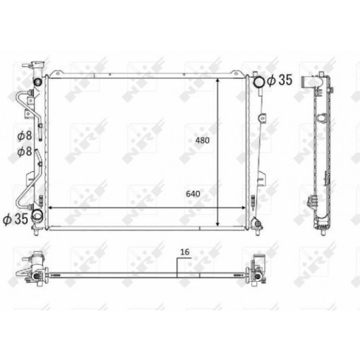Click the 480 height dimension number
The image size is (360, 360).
click(202, 141)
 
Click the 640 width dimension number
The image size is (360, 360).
click(193, 194)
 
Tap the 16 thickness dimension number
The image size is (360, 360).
click(185, 252)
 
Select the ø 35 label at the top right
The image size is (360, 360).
click(280, 80)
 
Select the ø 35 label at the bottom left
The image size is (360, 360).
click(16, 219)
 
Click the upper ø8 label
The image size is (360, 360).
click(24, 135)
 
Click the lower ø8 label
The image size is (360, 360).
click(24, 151)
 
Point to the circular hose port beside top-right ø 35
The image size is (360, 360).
click(259, 82)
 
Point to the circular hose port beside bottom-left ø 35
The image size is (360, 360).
click(37, 215)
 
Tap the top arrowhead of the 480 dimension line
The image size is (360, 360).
click(217, 80)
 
